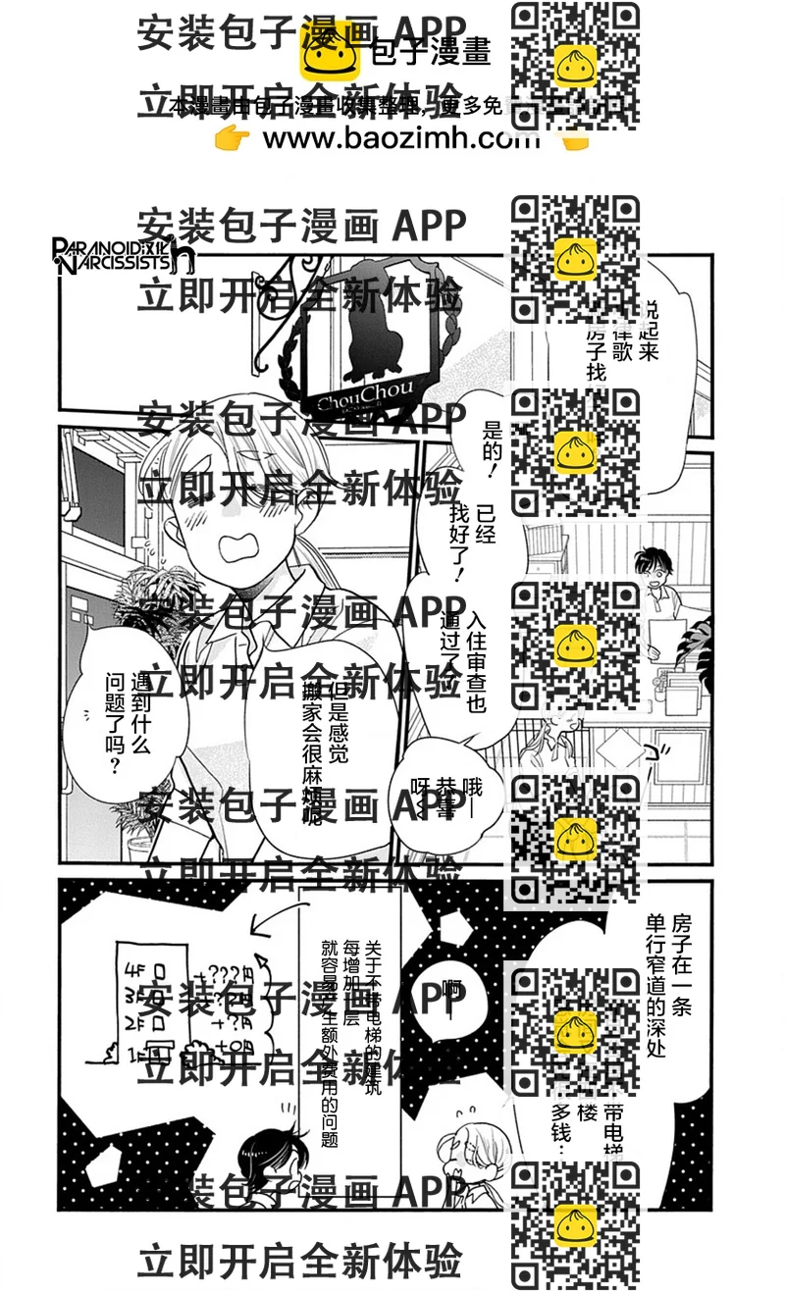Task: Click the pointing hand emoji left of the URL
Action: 233,139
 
